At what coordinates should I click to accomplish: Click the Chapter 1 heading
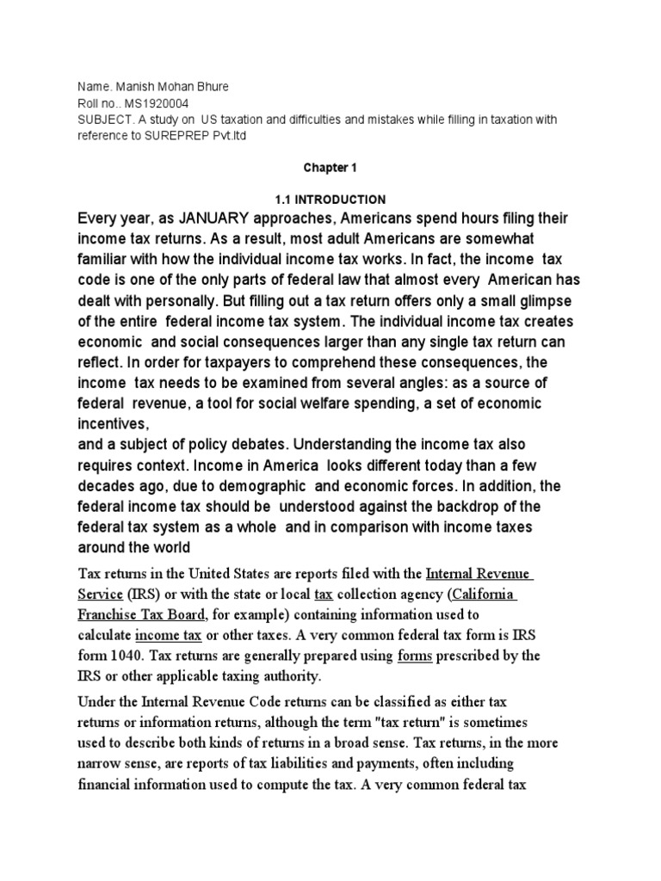click(330, 169)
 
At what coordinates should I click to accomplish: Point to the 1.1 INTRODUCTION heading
click(330, 200)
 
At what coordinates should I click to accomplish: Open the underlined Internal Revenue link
click(480, 573)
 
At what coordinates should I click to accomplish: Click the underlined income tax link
click(169, 635)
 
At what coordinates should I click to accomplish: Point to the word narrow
click(100, 762)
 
